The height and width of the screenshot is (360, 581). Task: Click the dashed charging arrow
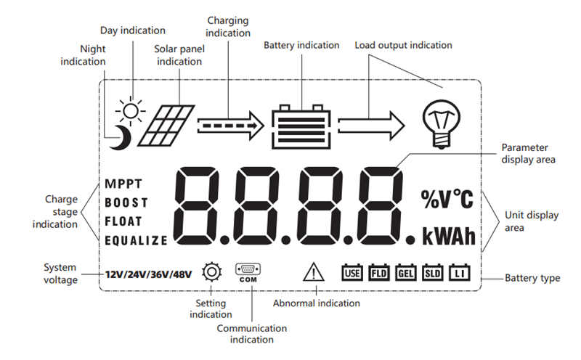(x=229, y=126)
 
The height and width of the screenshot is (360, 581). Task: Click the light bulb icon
(x=441, y=124)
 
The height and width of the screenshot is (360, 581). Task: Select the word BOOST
(x=126, y=202)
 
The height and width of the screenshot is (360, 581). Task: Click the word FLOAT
(x=123, y=221)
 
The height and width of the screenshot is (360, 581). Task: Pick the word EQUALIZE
(x=136, y=240)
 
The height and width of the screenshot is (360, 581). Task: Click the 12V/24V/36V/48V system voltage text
(x=147, y=274)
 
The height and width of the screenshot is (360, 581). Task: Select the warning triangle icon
(x=313, y=272)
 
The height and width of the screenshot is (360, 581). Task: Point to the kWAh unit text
(x=448, y=236)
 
